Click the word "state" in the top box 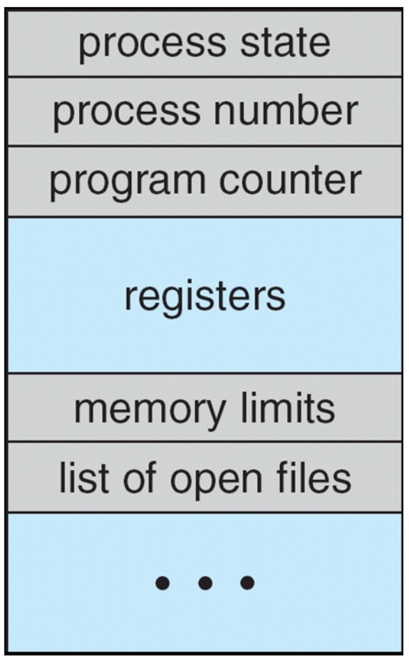click(x=285, y=43)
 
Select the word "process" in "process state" click(x=152, y=46)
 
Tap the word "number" click(x=286, y=110)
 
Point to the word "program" click(x=128, y=183)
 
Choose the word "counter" click(x=290, y=180)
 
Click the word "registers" click(x=205, y=297)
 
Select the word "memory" click(x=150, y=412)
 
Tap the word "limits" click(x=289, y=408)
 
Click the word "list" click(x=84, y=477)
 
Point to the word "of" click(x=140, y=477)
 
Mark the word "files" click(x=314, y=477)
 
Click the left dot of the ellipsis click(x=163, y=583)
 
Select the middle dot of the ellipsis click(x=205, y=583)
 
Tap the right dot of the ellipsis click(x=247, y=583)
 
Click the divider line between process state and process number click(x=205, y=76)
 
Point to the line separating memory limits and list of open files click(x=205, y=441)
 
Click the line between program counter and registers click(x=205, y=217)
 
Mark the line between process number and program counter click(x=205, y=146)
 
